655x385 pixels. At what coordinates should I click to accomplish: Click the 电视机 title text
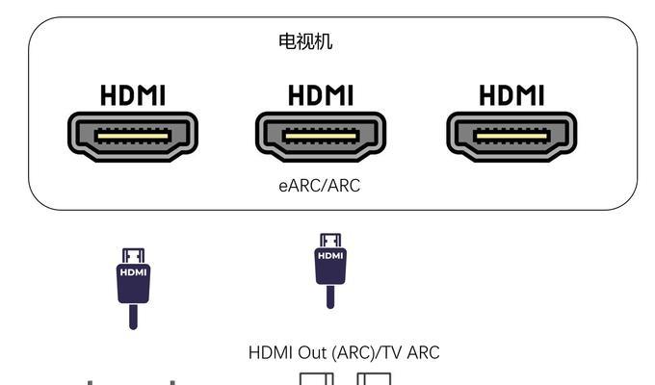pyautogui.click(x=305, y=41)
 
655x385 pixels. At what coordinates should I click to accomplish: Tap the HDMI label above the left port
pyautogui.click(x=133, y=95)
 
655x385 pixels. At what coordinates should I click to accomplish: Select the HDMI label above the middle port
pyautogui.click(x=321, y=95)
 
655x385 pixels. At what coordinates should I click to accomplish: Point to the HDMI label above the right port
pyautogui.click(x=511, y=95)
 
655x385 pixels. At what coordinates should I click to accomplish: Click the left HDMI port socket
pyautogui.click(x=133, y=136)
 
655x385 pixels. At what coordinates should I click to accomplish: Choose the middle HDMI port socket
pyautogui.click(x=321, y=136)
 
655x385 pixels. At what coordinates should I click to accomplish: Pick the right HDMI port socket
pyautogui.click(x=511, y=136)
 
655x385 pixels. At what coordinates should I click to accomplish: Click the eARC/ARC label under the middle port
pyautogui.click(x=320, y=186)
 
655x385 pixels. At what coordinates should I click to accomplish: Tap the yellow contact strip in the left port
pyautogui.click(x=133, y=136)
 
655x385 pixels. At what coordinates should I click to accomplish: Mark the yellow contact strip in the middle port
pyautogui.click(x=321, y=136)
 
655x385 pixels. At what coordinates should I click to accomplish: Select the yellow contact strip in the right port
pyautogui.click(x=511, y=136)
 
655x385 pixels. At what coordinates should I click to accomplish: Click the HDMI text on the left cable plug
pyautogui.click(x=133, y=272)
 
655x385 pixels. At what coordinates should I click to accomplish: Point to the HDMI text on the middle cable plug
pyautogui.click(x=330, y=256)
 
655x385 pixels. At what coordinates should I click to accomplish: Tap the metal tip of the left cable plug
pyautogui.click(x=133, y=256)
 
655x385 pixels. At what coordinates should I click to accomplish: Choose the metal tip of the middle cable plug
pyautogui.click(x=330, y=241)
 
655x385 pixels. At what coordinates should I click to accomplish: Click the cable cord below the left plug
pyautogui.click(x=133, y=317)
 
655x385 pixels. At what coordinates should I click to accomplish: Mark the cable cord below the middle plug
pyautogui.click(x=330, y=296)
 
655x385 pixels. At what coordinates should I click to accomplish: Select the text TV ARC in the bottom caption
pyautogui.click(x=411, y=353)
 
